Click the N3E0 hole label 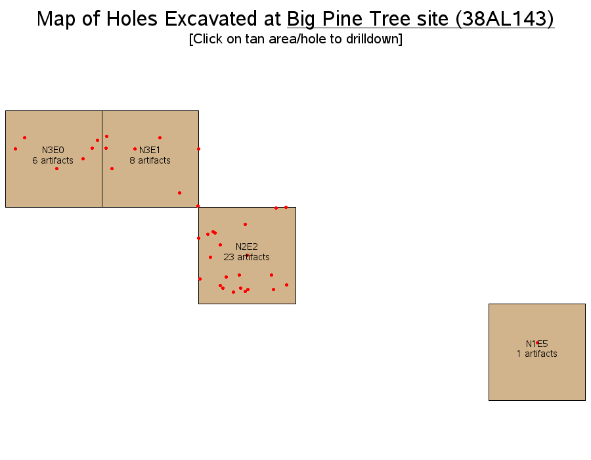point(53,150)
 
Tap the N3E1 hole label point(150,150)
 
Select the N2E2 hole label point(246,246)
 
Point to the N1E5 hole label point(536,344)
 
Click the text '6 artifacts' point(53,160)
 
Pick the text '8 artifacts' point(150,160)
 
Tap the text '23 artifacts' point(246,257)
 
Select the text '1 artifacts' point(536,354)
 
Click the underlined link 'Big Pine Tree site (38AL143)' point(421,19)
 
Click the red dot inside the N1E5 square point(537,343)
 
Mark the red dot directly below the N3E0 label point(56,168)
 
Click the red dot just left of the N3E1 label point(135,149)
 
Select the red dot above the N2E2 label point(245,224)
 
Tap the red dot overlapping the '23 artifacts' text point(248,255)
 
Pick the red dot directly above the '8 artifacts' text point(160,137)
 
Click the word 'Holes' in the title point(131,18)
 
